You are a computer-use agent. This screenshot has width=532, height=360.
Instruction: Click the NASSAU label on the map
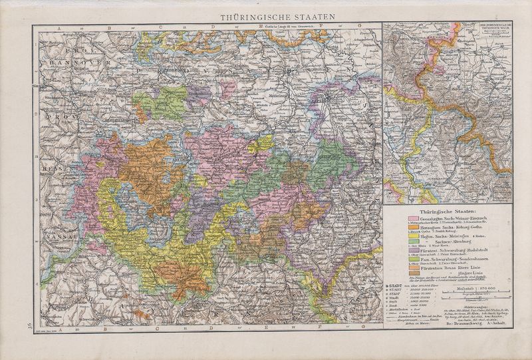coord(47,235)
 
